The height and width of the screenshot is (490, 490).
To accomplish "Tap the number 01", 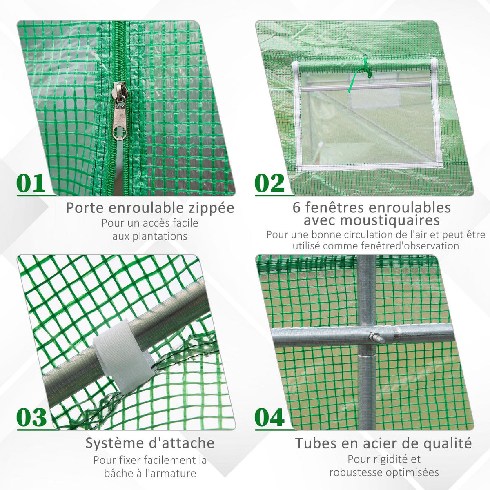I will tap(31, 183).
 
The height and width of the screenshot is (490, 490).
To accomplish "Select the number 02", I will tap(269, 183).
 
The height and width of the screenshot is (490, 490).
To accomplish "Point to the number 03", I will tap(32, 417).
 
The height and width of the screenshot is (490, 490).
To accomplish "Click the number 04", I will tap(269, 417).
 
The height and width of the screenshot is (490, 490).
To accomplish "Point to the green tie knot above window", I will tap(365, 65).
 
